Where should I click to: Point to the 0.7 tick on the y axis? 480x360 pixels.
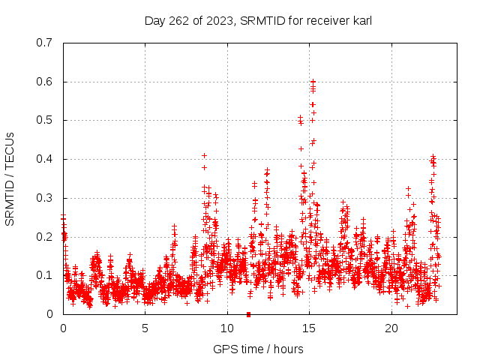click(x=44, y=43)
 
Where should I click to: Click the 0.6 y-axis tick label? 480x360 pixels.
click(x=44, y=82)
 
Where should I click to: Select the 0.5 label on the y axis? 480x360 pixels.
click(x=44, y=120)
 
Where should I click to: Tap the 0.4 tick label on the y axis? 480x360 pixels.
click(x=44, y=159)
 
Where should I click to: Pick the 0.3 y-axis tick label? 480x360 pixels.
click(x=44, y=198)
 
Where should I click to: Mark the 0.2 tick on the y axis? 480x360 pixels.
click(x=44, y=236)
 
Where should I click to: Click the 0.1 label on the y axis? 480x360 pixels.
click(x=44, y=275)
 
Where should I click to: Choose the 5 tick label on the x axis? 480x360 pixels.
click(x=145, y=328)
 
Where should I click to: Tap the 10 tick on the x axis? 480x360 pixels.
click(x=227, y=328)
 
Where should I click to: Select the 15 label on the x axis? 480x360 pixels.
click(x=310, y=328)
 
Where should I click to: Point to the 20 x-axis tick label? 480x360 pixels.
click(x=391, y=328)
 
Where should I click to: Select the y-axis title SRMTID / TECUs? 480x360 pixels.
click(x=10, y=178)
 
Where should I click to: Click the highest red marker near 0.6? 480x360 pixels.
click(x=313, y=81)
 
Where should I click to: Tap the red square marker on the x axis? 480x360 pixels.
click(x=248, y=313)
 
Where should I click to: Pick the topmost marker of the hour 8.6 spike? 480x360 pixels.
click(x=204, y=155)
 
